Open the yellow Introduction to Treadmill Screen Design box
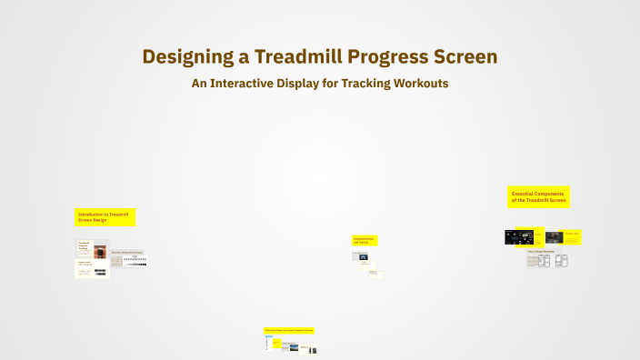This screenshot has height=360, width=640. [x=105, y=217]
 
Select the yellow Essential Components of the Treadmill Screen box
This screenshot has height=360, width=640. [x=538, y=196]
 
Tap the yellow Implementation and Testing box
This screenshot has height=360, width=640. [x=365, y=240]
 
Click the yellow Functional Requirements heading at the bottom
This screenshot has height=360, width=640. [x=289, y=330]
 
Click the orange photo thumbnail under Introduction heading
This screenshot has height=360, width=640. [x=99, y=251]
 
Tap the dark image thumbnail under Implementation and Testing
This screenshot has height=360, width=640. [x=364, y=257]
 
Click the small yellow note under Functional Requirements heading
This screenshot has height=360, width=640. [x=275, y=343]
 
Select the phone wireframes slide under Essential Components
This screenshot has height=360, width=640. [x=547, y=261]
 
